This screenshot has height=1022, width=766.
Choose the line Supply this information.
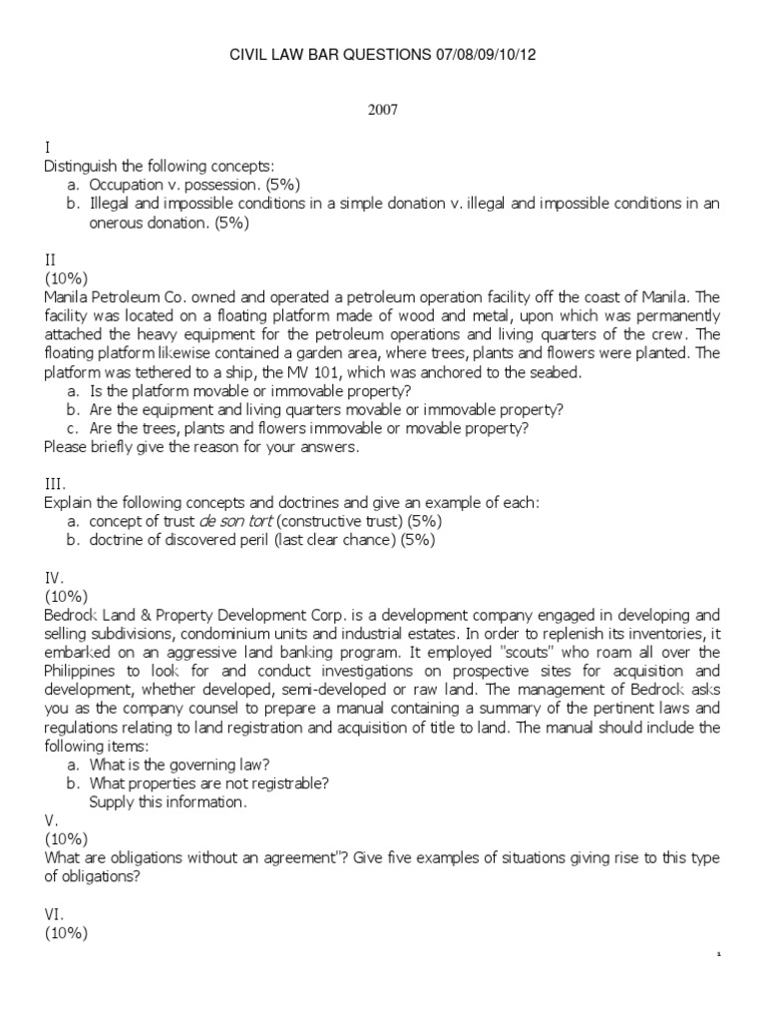pyautogui.click(x=167, y=801)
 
